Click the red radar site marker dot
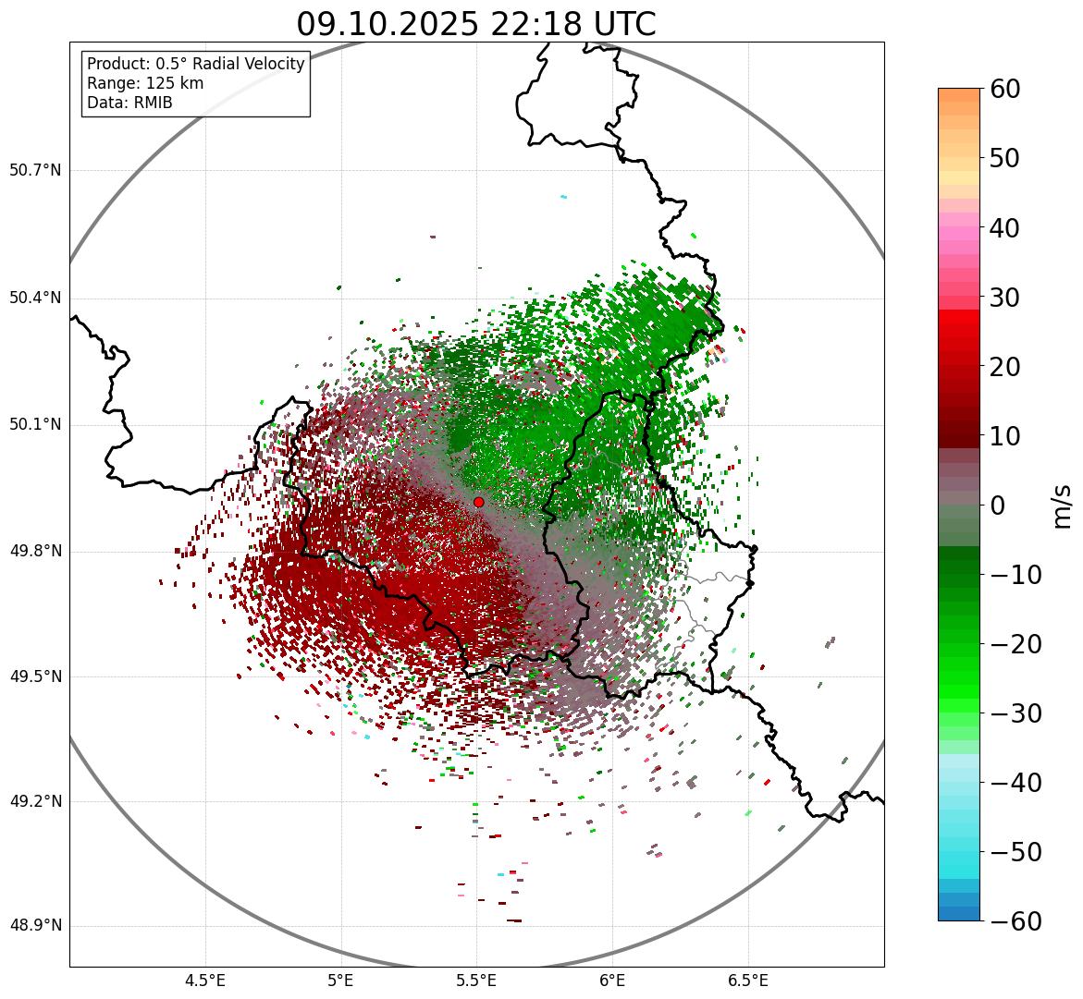pyautogui.click(x=478, y=502)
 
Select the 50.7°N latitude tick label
pyautogui.click(x=35, y=171)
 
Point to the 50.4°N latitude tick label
pyautogui.click(x=35, y=298)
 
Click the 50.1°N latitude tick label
pyautogui.click(x=35, y=425)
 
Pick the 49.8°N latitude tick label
pyautogui.click(x=35, y=552)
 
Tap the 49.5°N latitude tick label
pyautogui.click(x=35, y=677)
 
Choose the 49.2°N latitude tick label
pyautogui.click(x=35, y=801)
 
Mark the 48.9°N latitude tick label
pyautogui.click(x=35, y=926)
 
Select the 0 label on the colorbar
pyautogui.click(x=998, y=506)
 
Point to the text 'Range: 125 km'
pyautogui.click(x=145, y=83)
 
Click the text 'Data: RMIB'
pyautogui.click(x=129, y=103)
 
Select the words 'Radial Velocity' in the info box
pyautogui.click(x=249, y=64)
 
